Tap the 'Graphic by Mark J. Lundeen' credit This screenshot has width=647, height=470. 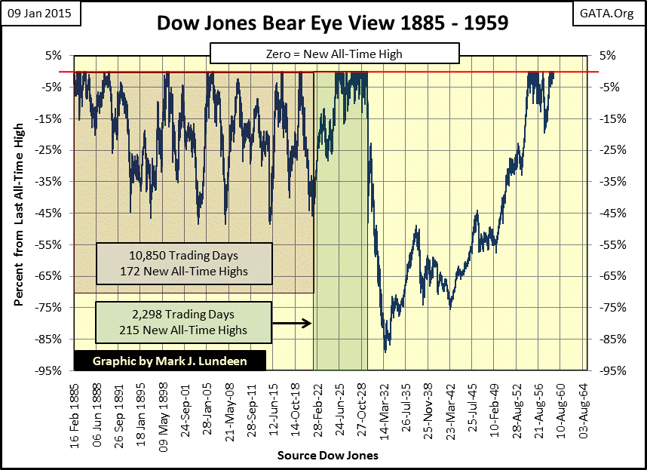coord(170,361)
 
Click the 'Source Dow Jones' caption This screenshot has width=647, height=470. coord(327,456)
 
